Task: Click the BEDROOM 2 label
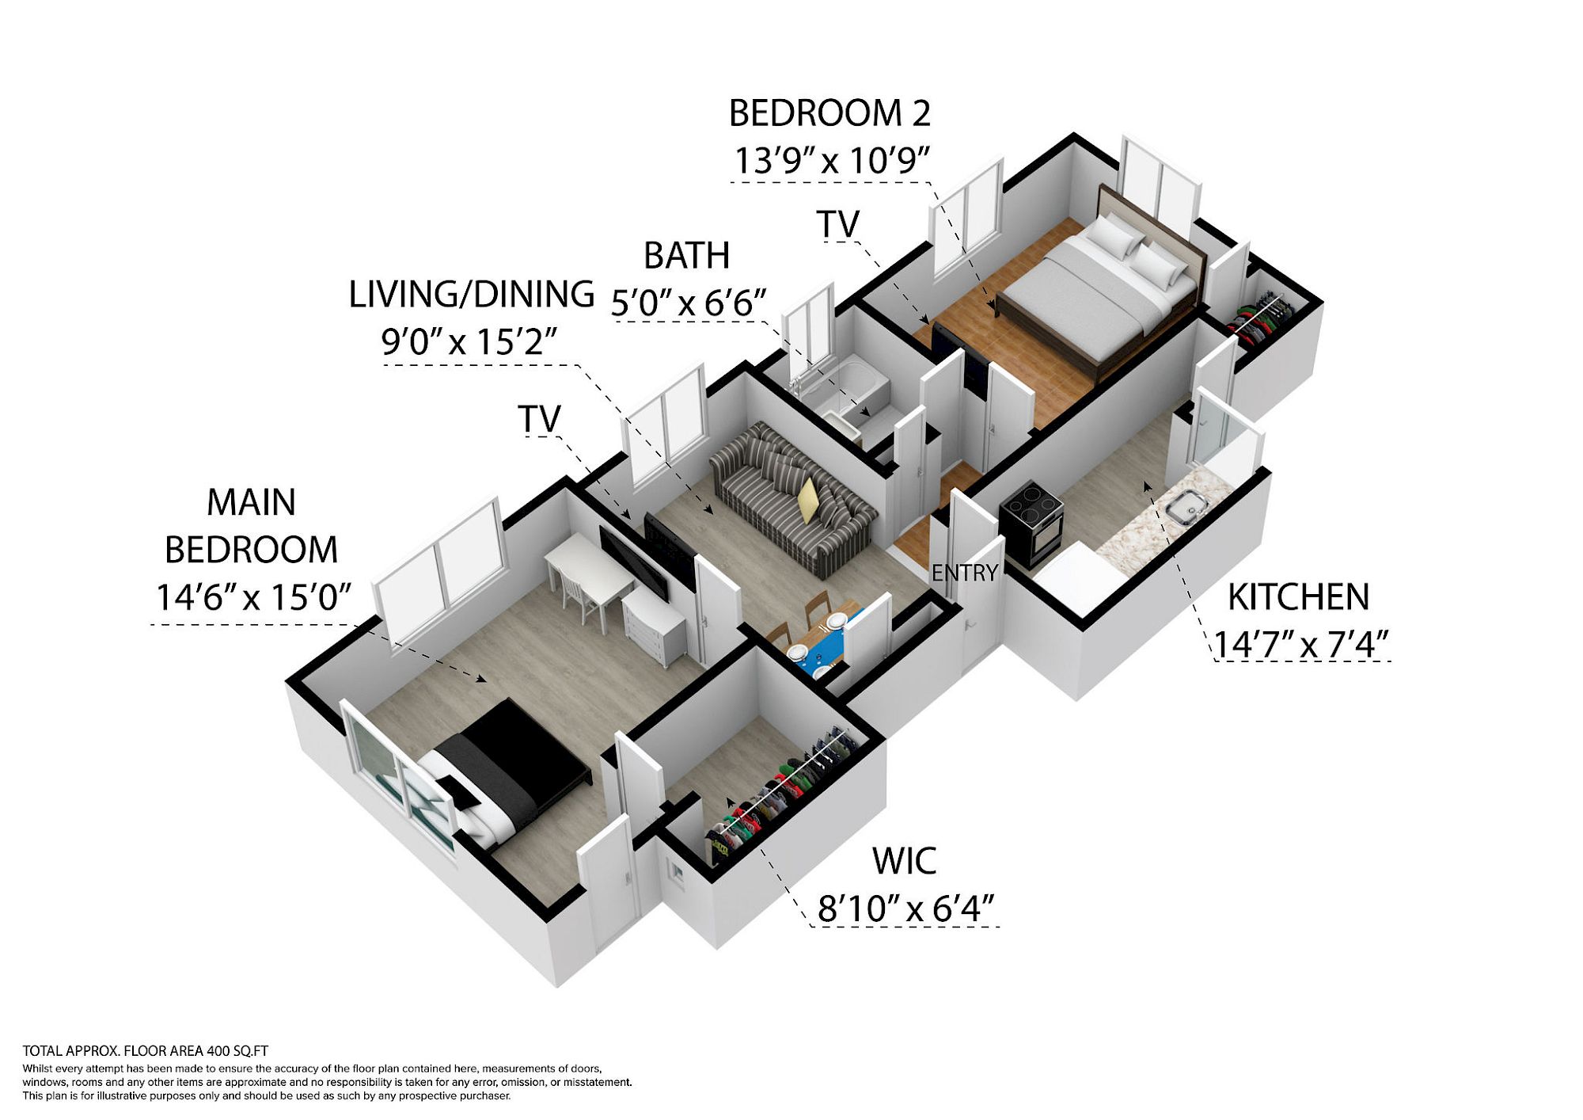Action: (x=829, y=113)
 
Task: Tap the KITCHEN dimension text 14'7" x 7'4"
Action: (x=1301, y=644)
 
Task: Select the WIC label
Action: (x=904, y=862)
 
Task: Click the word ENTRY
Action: (x=965, y=573)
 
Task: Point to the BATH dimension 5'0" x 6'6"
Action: (x=689, y=303)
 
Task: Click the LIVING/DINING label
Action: (x=472, y=294)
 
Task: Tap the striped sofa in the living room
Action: (x=791, y=497)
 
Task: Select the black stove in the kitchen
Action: (x=1031, y=523)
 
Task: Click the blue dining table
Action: (x=823, y=638)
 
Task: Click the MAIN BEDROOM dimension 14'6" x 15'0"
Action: (x=253, y=598)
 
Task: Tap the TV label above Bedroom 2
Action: (x=838, y=224)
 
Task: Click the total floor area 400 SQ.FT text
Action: (x=146, y=1051)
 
